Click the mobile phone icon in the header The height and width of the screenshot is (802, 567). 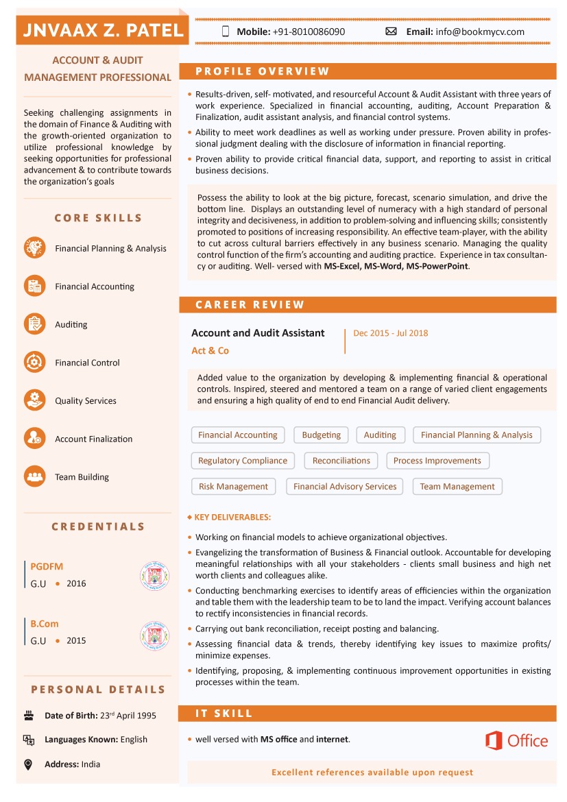226,32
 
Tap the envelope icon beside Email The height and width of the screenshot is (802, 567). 391,32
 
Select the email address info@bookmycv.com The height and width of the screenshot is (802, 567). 479,32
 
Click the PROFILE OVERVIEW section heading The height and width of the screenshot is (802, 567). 263,71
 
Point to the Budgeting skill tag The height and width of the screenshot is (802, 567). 321,435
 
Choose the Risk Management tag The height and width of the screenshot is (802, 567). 233,487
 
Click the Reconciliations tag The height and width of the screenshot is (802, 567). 341,461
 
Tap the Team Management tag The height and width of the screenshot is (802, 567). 457,487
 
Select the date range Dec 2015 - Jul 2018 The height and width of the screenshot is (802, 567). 390,333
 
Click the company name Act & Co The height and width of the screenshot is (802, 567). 210,351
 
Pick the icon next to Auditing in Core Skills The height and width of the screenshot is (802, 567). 34,324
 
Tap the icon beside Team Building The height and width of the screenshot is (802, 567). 34,476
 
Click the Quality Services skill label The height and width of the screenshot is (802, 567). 86,401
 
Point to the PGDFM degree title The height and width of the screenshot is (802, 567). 47,567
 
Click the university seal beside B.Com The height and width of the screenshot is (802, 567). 154,636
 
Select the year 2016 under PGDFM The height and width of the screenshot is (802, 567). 76,584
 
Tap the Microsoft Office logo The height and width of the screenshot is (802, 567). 516,740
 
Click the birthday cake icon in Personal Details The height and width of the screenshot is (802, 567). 29,716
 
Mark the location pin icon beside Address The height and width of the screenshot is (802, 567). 29,764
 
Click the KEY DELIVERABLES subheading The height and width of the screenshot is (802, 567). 232,518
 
